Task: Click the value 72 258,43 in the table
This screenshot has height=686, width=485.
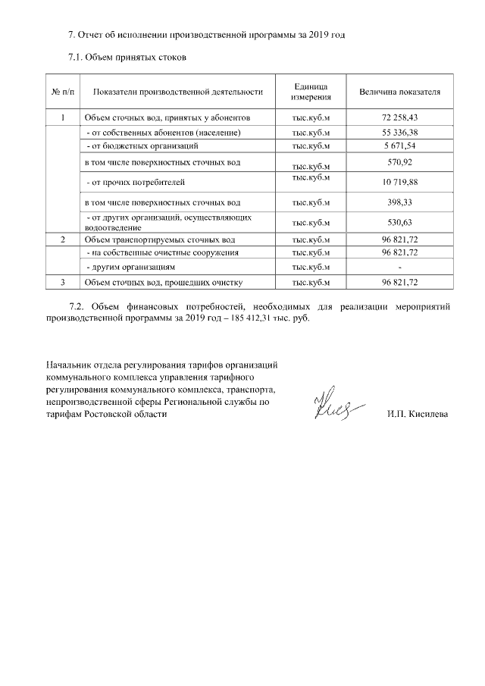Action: [399, 118]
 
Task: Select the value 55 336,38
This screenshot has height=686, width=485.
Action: [399, 133]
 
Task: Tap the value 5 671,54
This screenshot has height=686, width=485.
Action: [399, 145]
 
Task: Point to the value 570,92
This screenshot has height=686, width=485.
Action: [399, 162]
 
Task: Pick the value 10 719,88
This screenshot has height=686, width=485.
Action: [399, 183]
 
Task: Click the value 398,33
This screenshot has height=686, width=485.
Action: [399, 202]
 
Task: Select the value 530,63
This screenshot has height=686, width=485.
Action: [399, 222]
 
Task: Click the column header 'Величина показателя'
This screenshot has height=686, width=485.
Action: [399, 92]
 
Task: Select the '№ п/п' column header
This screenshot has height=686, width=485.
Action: [62, 92]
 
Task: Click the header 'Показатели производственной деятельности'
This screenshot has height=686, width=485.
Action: [177, 92]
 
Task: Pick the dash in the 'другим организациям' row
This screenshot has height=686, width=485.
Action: [399, 268]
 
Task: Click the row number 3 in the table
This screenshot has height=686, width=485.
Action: [62, 282]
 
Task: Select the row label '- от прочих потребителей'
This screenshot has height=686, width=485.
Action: [135, 183]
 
